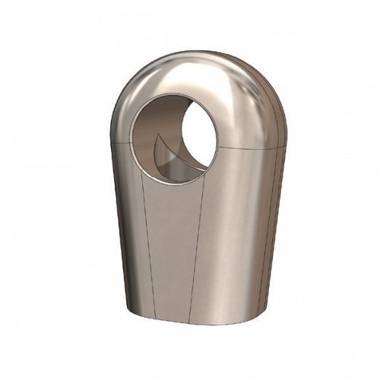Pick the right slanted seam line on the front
pyautogui.click(x=197, y=243)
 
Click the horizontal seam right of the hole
pyautogui.click(x=251, y=147)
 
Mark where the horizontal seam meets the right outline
pyautogui.click(x=287, y=144)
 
